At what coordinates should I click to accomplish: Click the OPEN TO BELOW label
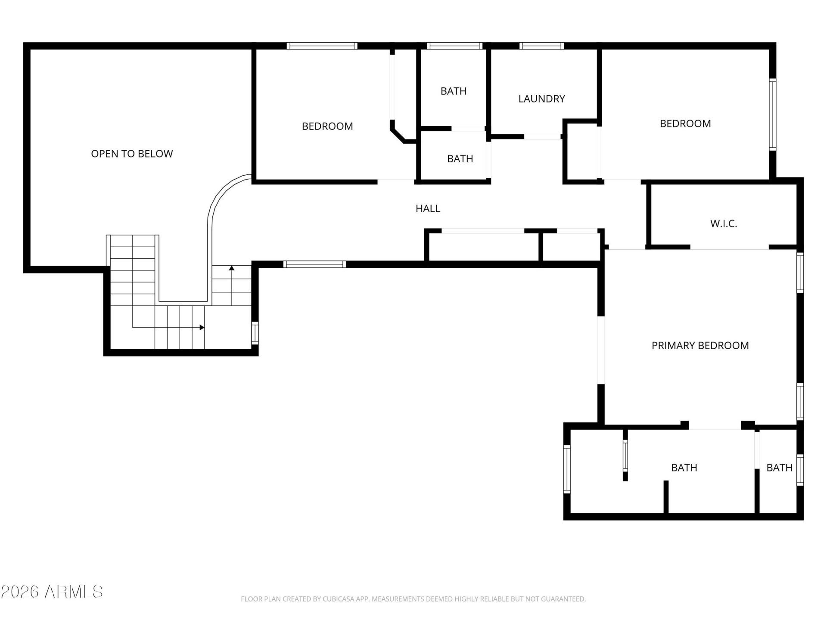132,154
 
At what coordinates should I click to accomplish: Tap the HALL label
428,208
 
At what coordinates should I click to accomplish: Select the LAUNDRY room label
541,99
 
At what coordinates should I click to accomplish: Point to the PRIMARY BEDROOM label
700,345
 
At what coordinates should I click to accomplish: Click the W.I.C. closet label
724,223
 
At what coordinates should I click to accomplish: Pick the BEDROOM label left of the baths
327,126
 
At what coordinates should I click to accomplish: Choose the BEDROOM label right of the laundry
685,124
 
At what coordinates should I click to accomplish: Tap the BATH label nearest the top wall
454,91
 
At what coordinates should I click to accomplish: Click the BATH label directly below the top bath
460,158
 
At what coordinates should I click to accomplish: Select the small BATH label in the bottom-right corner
779,467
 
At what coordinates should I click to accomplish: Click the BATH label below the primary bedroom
684,467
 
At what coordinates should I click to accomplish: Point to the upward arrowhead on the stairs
232,268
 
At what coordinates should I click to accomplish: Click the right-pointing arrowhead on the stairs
202,328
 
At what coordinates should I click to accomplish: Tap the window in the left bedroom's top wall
322,46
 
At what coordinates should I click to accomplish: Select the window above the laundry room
541,46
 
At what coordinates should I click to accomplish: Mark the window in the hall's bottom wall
314,264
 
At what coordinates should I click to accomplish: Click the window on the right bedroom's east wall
773,115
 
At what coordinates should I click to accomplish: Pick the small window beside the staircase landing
255,333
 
